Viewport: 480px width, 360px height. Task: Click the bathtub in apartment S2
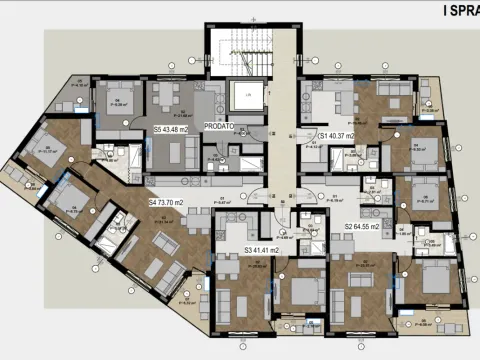pyautogui.click(x=426, y=238)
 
